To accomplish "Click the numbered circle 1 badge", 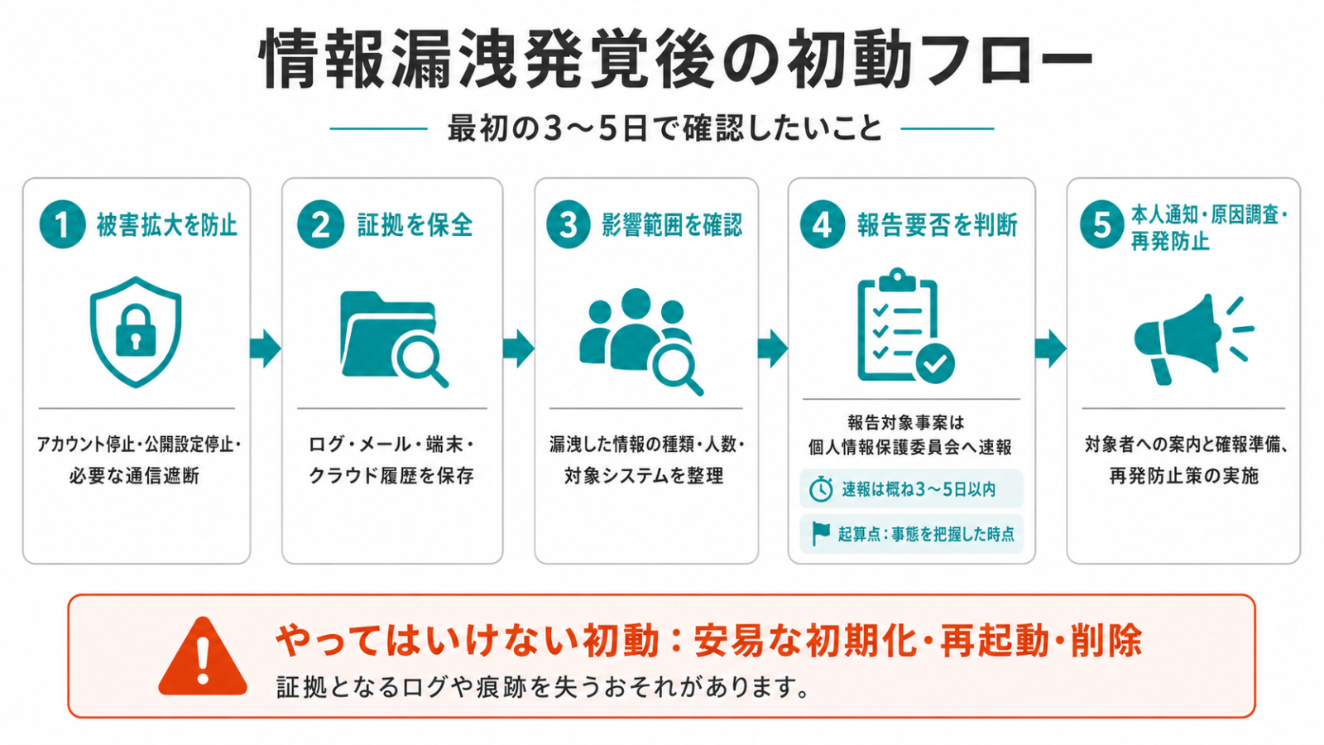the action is pyautogui.click(x=62, y=224).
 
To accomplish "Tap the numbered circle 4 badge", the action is pyautogui.click(x=823, y=224).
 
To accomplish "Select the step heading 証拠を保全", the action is pyautogui.click(x=415, y=225).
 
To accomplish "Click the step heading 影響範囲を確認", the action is pyautogui.click(x=671, y=225).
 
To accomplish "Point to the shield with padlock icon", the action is pyautogui.click(x=136, y=332).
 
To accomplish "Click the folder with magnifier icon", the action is pyautogui.click(x=394, y=339).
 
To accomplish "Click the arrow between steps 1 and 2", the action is pyautogui.click(x=266, y=348).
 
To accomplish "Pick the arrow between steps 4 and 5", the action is pyautogui.click(x=1050, y=348).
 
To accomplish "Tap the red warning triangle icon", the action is pyautogui.click(x=203, y=656).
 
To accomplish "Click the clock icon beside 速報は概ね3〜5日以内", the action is pyautogui.click(x=820, y=489).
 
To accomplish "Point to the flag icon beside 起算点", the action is pyautogui.click(x=820, y=534).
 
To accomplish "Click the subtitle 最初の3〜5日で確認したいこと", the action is pyautogui.click(x=664, y=128).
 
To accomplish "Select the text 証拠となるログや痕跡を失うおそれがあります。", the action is pyautogui.click(x=543, y=687).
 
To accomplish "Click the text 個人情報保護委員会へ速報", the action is pyautogui.click(x=910, y=448).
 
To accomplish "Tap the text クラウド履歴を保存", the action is pyautogui.click(x=392, y=475).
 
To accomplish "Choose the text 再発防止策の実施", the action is pyautogui.click(x=1183, y=475).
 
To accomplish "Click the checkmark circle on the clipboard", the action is pyautogui.click(x=935, y=363).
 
